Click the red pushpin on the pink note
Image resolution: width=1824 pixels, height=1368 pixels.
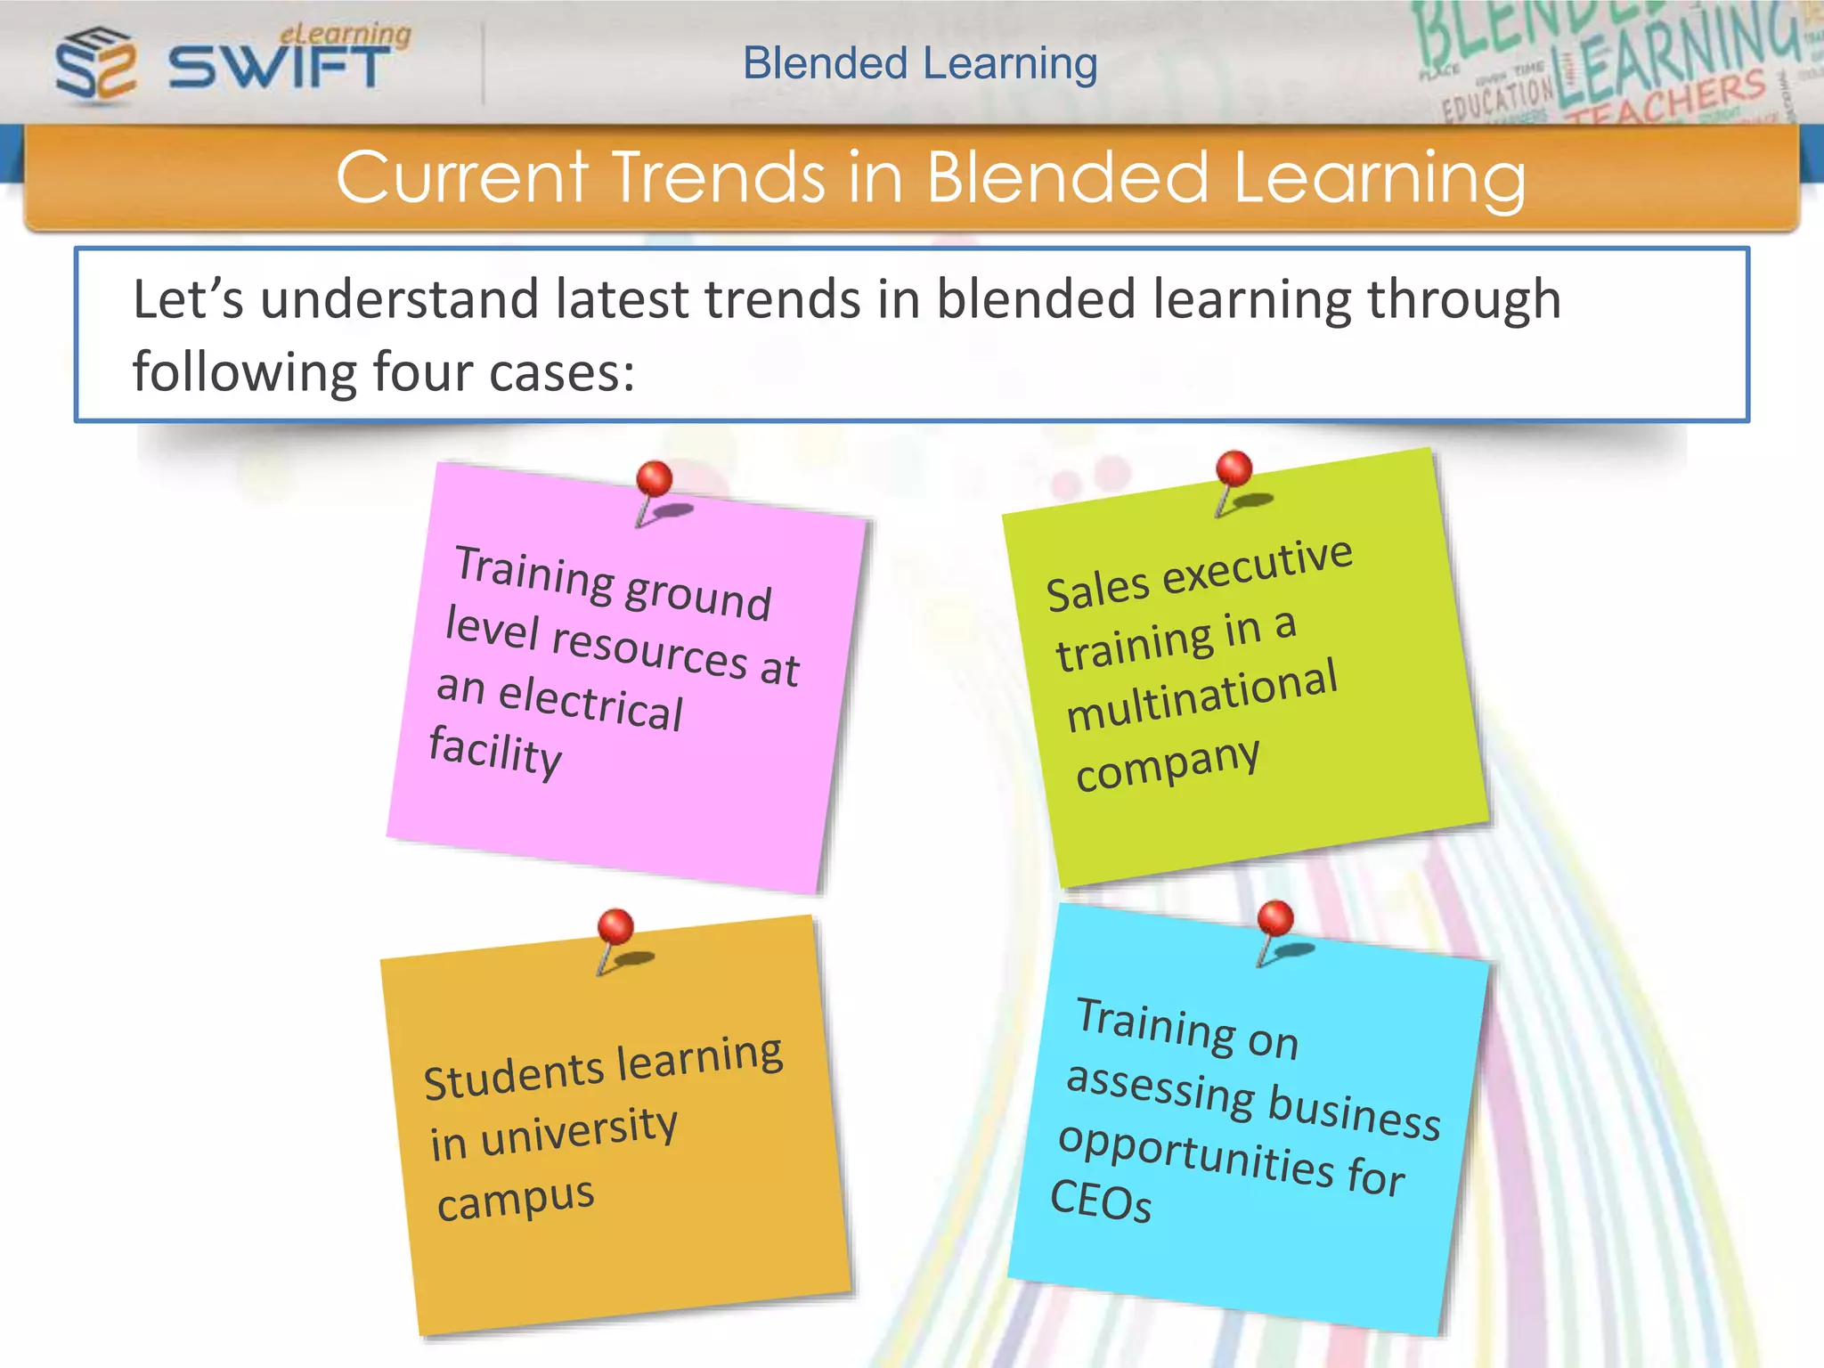[655, 480]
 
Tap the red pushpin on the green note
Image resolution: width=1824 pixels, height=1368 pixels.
[1234, 469]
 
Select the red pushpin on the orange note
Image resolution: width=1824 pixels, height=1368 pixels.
[615, 927]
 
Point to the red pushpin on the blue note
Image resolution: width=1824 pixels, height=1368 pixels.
[1275, 918]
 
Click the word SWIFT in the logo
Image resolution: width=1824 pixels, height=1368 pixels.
[279, 68]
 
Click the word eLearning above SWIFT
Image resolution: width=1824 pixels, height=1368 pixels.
[346, 34]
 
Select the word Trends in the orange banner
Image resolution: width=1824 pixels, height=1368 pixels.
[720, 177]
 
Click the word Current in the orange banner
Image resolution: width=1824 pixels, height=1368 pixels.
[463, 177]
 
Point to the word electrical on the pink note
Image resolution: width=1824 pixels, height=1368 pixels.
[590, 703]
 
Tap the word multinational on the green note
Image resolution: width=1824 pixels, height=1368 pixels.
[1201, 696]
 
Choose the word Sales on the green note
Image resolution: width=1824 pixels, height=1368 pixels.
[1098, 590]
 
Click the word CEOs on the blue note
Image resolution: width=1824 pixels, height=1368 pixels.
[1101, 1201]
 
